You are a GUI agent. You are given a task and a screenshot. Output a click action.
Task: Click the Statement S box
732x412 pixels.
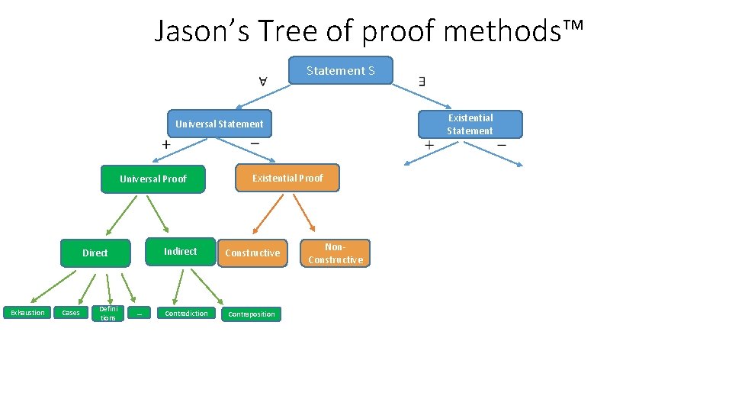[x=341, y=70]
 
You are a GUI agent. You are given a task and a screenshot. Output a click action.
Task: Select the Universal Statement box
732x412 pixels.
[x=220, y=124]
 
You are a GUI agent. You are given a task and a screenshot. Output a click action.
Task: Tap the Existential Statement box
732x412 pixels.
[x=470, y=124]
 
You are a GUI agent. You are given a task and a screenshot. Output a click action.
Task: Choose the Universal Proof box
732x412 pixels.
[x=153, y=179]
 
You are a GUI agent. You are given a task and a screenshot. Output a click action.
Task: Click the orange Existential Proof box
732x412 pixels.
[x=287, y=178]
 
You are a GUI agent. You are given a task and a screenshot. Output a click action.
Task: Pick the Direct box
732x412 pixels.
[x=95, y=253]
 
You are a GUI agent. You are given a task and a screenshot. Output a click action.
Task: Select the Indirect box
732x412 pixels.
[x=181, y=252]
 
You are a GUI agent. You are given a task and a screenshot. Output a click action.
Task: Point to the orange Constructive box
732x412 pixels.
[x=252, y=253]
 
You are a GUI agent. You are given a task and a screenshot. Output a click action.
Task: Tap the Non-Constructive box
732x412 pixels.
[x=335, y=253]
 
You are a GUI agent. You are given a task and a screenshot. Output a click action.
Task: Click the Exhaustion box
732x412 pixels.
[x=27, y=313]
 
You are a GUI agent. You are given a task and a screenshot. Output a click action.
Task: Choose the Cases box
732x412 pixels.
[x=71, y=313]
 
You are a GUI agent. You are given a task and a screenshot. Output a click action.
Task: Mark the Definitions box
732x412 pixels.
[x=108, y=313]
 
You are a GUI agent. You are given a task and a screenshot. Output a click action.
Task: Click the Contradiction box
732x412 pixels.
[x=186, y=314]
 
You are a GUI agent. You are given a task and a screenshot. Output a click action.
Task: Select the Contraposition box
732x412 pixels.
[x=252, y=314]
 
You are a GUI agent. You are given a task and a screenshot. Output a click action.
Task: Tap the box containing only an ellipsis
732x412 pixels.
[x=140, y=313]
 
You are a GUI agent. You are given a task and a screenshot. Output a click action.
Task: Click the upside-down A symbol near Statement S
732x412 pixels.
[x=262, y=80]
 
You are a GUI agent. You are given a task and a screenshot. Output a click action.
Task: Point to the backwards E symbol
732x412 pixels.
[x=422, y=80]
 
